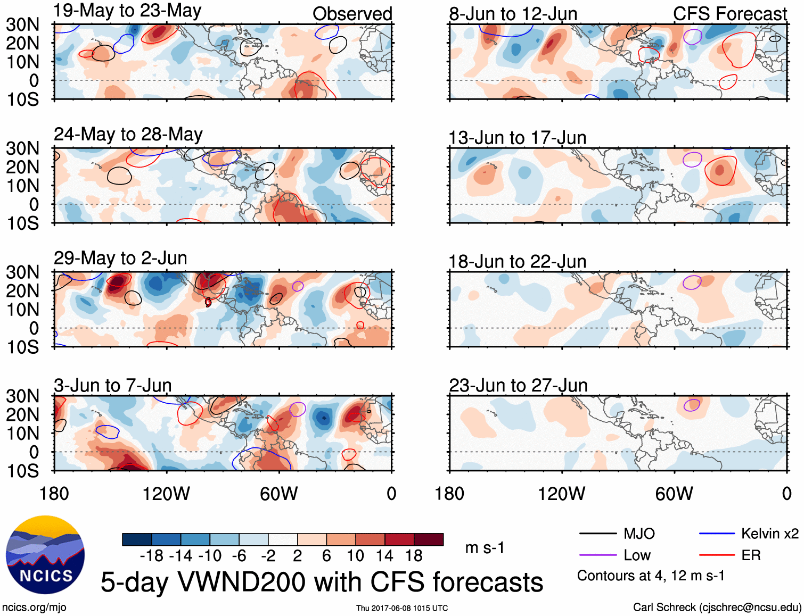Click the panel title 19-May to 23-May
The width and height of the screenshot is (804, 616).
pos(127,11)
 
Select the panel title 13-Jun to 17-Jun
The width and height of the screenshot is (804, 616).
pos(517,138)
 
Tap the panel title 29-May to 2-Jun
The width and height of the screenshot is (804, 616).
pos(120,258)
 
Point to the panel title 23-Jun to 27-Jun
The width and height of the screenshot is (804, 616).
pos(518,385)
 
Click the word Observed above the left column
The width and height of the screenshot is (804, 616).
pos(352,14)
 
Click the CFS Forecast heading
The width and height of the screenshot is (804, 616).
pos(729,14)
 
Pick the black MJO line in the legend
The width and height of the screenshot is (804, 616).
pos(597,534)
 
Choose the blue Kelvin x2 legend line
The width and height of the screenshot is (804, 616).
pos(717,534)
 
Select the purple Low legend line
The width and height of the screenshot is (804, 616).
pos(597,555)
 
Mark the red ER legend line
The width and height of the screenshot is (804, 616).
pos(717,555)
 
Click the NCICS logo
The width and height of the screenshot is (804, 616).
pos(45,555)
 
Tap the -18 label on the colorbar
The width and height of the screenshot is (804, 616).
pos(152,556)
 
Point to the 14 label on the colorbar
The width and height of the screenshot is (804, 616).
pos(384,556)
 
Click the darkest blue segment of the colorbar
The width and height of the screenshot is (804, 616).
pos(136,539)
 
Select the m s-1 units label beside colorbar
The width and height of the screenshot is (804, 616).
pos(485,548)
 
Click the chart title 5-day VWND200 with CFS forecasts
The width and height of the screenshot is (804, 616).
pos(322,582)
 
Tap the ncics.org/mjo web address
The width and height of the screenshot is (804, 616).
pos(34,607)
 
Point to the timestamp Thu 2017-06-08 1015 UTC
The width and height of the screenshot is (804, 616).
pos(402,608)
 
